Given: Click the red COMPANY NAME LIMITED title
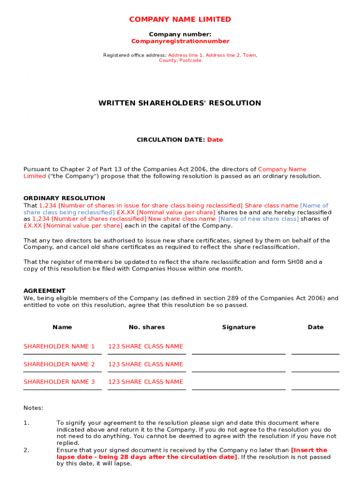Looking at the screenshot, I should tap(180, 19).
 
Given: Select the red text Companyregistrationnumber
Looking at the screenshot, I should tap(180, 41).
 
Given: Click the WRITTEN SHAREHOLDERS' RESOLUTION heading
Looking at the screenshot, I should tap(180, 103).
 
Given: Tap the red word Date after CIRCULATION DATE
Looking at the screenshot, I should tap(215, 140).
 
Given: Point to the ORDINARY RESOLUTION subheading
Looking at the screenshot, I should tap(64, 198).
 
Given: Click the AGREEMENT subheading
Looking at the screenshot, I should tap(44, 291).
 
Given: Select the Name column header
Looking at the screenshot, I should tap(62, 327).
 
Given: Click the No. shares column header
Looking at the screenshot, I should tap(147, 327).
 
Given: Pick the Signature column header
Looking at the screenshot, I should tap(238, 327).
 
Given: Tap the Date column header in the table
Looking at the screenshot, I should tap(316, 327).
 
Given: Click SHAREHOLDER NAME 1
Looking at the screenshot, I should tap(59, 347).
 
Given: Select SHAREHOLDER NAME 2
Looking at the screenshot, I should tap(59, 364).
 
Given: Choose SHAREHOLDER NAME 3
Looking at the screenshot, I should tap(59, 382).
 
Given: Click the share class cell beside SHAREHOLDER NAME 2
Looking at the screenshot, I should tap(146, 364).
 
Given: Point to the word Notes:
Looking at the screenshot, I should tap(33, 408).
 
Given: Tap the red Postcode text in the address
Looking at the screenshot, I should tap(190, 61).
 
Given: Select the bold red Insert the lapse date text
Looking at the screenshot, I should tap(309, 450).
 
